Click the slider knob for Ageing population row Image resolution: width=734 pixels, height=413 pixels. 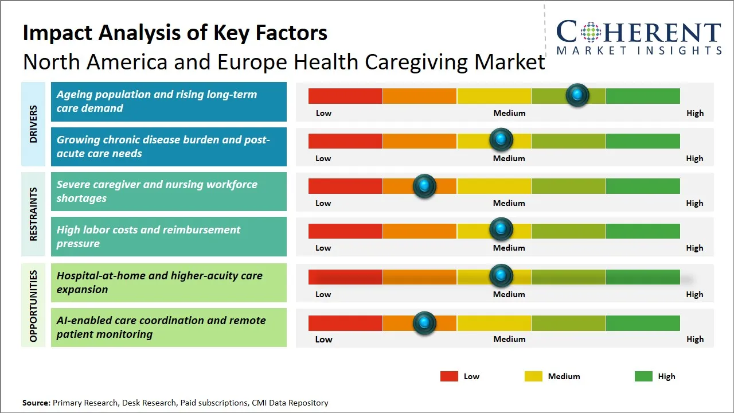tap(577, 95)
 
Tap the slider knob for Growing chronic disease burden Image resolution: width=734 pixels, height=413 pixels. tap(501, 140)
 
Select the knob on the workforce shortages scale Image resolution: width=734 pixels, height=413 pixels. tap(424, 186)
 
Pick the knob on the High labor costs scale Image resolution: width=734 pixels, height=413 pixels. tap(501, 229)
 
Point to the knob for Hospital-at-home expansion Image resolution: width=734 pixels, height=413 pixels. tap(501, 276)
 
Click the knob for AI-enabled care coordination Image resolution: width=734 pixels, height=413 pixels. tap(424, 323)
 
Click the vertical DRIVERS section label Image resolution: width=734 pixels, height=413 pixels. tap(33, 124)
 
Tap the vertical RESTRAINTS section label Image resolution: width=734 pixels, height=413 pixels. tap(33, 214)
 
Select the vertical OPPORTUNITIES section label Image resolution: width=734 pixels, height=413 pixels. tap(33, 306)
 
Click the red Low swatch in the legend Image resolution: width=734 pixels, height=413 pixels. tap(449, 376)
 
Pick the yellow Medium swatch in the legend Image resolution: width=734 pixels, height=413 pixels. tap(533, 376)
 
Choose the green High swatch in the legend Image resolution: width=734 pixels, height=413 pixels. tap(643, 376)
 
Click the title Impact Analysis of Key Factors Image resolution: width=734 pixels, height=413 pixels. tap(175, 33)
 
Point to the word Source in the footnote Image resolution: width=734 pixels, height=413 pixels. tap(36, 403)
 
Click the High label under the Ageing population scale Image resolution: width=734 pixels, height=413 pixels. tap(694, 113)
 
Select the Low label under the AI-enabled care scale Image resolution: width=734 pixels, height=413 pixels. tap(323, 339)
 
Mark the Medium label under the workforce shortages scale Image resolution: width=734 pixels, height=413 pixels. tap(509, 203)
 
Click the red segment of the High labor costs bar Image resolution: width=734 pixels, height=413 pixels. tap(345, 231)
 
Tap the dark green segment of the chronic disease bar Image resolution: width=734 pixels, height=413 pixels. tap(642, 141)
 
